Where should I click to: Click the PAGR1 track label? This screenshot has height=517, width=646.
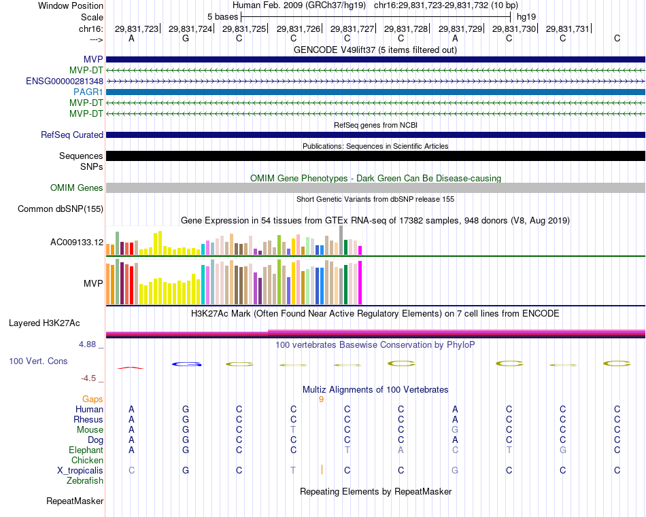point(89,92)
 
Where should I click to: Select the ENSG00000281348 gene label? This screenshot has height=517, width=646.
point(65,81)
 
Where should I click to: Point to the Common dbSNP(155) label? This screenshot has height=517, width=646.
point(61,209)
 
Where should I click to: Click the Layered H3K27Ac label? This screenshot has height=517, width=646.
point(44,323)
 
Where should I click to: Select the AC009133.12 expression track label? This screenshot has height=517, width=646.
point(77,243)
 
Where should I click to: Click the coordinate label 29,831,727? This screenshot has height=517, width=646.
point(352,29)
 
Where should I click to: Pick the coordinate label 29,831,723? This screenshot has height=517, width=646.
point(136,29)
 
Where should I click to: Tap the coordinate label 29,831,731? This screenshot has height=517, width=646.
point(568,29)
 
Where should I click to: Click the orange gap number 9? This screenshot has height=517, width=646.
point(321,399)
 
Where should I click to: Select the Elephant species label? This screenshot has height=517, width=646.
point(86,450)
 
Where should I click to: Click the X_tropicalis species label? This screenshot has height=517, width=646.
point(80,471)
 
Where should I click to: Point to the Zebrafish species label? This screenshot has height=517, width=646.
point(85,481)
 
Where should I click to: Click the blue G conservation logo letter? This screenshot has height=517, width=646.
point(186,364)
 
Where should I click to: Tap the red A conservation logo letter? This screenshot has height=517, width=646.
point(131,368)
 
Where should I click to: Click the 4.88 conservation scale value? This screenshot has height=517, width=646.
point(88,344)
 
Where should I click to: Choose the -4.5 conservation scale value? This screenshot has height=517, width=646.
point(89,378)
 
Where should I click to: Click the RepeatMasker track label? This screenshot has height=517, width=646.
point(75,501)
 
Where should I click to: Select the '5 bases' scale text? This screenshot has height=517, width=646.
point(222,16)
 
